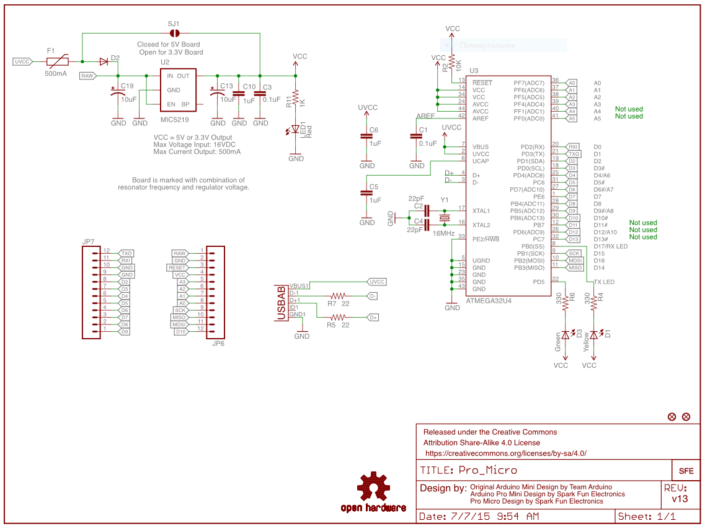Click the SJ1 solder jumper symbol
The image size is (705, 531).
tap(175, 33)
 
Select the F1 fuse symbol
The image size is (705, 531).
tap(58, 61)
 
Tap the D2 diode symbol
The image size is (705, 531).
tap(104, 61)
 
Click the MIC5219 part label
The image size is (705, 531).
tap(174, 118)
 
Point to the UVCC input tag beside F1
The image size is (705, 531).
tap(22, 61)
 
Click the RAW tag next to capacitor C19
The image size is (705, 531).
tap(87, 76)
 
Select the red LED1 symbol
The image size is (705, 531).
tap(296, 131)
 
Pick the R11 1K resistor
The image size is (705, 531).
tap(296, 97)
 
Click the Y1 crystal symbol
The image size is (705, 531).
tap(444, 218)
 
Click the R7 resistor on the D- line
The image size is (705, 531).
tap(338, 296)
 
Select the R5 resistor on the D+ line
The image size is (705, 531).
tap(338, 317)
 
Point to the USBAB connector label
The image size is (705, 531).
tap(281, 303)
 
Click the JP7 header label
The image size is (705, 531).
tap(89, 241)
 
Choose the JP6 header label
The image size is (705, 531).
tap(218, 342)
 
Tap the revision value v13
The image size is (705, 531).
tap(680, 499)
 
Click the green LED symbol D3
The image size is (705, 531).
tap(565, 335)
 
